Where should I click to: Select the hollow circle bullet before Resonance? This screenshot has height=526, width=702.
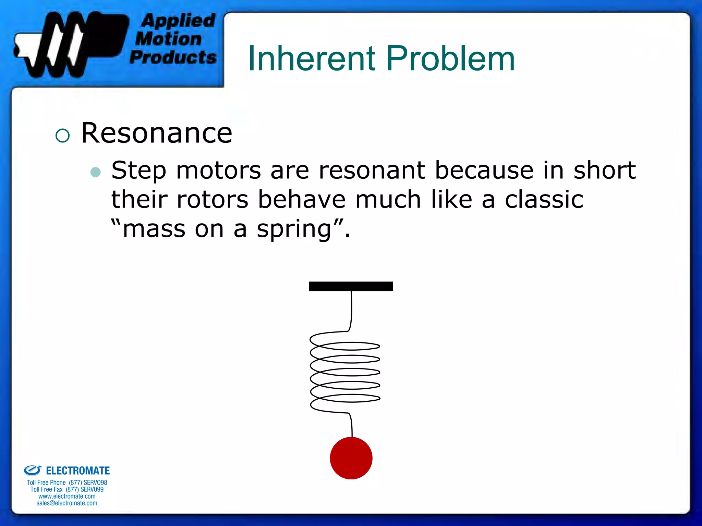click(x=62, y=135)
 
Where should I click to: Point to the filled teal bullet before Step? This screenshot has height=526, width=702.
click(x=96, y=172)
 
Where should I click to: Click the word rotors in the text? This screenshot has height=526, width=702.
click(x=213, y=200)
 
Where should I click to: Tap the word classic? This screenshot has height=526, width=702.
click(x=544, y=200)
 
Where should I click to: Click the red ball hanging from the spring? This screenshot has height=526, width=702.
click(x=351, y=458)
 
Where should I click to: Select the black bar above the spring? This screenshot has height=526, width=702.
click(x=351, y=286)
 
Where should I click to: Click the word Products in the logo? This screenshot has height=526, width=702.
click(x=173, y=57)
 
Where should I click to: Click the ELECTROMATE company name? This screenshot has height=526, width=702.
click(x=78, y=471)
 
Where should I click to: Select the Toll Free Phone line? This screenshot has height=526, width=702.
click(x=67, y=483)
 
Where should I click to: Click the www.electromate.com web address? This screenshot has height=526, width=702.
click(x=67, y=496)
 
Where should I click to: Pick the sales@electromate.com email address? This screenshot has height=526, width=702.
click(x=67, y=503)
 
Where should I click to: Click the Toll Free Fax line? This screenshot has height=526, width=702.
click(x=67, y=489)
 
